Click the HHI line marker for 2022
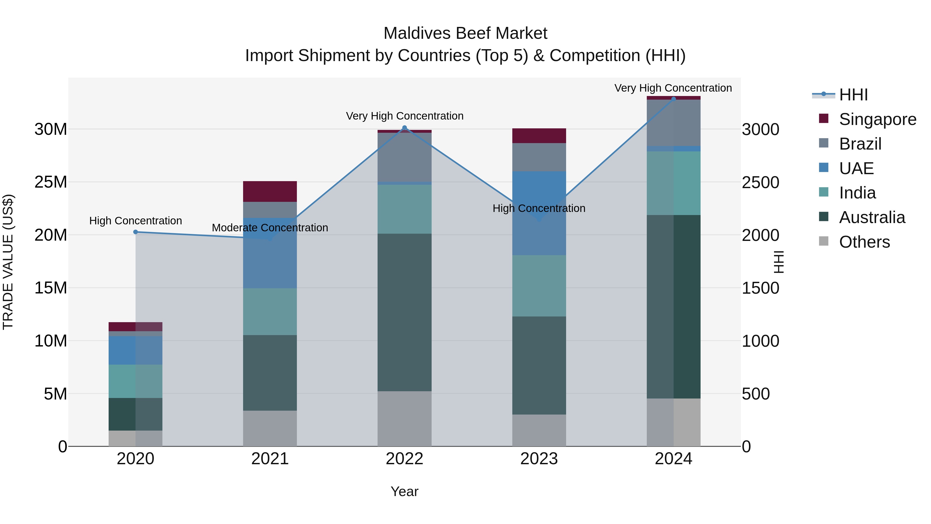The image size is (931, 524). [x=404, y=128]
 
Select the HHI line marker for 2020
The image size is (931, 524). [x=136, y=232]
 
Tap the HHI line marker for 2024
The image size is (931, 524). [x=673, y=99]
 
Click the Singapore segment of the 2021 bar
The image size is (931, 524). [x=270, y=191]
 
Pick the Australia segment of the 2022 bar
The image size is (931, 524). [x=404, y=312]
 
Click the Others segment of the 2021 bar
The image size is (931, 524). [x=270, y=428]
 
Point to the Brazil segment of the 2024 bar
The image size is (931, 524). [x=673, y=123]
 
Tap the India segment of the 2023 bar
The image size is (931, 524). [x=539, y=286]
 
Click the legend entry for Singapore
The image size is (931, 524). [x=877, y=119]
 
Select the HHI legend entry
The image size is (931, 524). [x=853, y=95]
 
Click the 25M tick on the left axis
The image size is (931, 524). [x=51, y=182]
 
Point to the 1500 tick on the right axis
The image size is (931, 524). [x=760, y=288]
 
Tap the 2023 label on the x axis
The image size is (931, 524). [x=539, y=459]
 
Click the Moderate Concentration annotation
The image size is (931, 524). [x=270, y=228]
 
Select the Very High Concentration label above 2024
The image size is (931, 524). [x=673, y=88]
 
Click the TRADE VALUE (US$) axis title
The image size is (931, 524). [x=8, y=262]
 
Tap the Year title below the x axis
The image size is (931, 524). [x=404, y=491]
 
